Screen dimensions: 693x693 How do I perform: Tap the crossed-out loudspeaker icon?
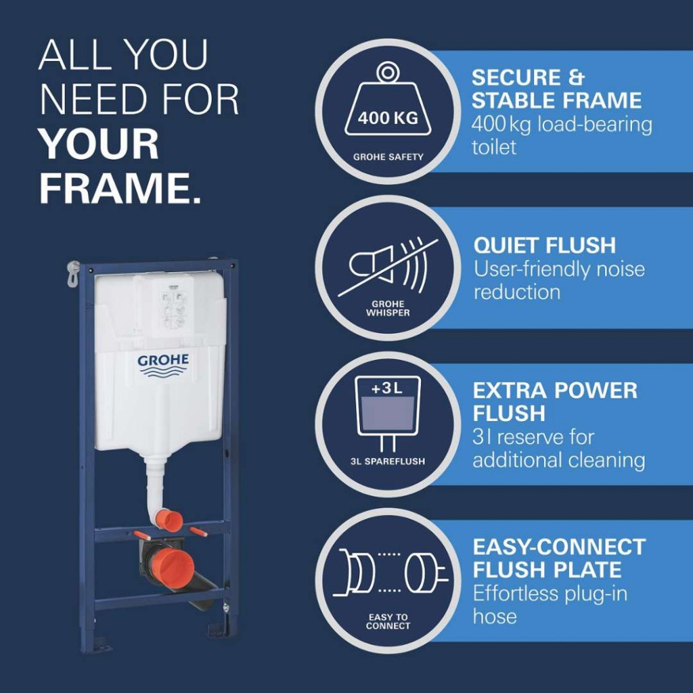[388, 267]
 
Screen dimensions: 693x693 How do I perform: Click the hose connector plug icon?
[390, 571]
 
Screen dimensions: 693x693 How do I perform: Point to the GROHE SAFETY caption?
[388, 157]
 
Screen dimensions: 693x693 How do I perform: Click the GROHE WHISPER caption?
[388, 308]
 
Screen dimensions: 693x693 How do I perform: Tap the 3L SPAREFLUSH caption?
[388, 462]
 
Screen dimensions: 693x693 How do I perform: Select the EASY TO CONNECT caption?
[388, 621]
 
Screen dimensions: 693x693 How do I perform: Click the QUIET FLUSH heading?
[545, 245]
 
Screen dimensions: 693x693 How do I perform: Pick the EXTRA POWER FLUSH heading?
[555, 401]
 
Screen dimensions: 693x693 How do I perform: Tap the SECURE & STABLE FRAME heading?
[556, 89]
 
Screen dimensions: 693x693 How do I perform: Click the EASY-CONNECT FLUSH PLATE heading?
[559, 558]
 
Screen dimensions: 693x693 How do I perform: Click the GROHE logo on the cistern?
[163, 365]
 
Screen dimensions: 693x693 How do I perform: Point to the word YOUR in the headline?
[99, 144]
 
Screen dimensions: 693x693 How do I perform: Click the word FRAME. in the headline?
[120, 188]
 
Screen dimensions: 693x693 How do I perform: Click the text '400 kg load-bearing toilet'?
[562, 135]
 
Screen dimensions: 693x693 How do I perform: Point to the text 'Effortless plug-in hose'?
[550, 604]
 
